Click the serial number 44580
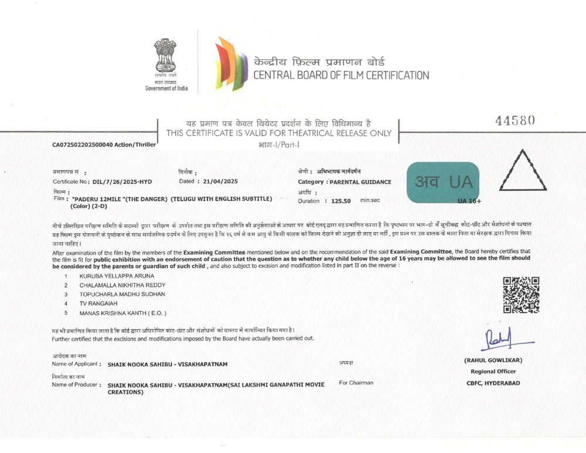pyautogui.click(x=515, y=121)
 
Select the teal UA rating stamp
pyautogui.click(x=443, y=182)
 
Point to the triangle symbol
pyautogui.click(x=522, y=171)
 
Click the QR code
pyautogui.click(x=521, y=294)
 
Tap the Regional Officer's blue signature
pyautogui.click(x=499, y=338)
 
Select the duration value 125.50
pyautogui.click(x=340, y=200)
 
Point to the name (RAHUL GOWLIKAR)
pyautogui.click(x=492, y=360)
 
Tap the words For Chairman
pyautogui.click(x=356, y=383)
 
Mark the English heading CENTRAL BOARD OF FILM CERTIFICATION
pyautogui.click(x=341, y=75)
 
